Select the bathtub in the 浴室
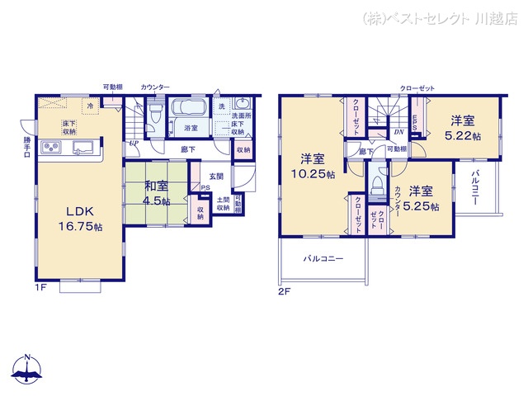tap(191, 111)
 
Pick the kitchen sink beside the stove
tap(83, 148)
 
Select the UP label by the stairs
tap(134, 142)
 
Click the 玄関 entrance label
tap(215, 176)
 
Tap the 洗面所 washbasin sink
tap(241, 105)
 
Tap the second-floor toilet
tap(377, 182)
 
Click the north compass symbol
tap(28, 370)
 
